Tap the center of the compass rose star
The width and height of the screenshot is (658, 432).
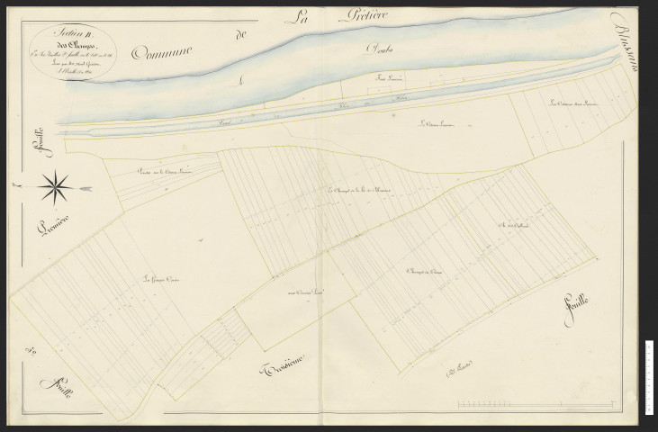(x=57, y=187)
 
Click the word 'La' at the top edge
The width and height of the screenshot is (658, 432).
(x=296, y=15)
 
